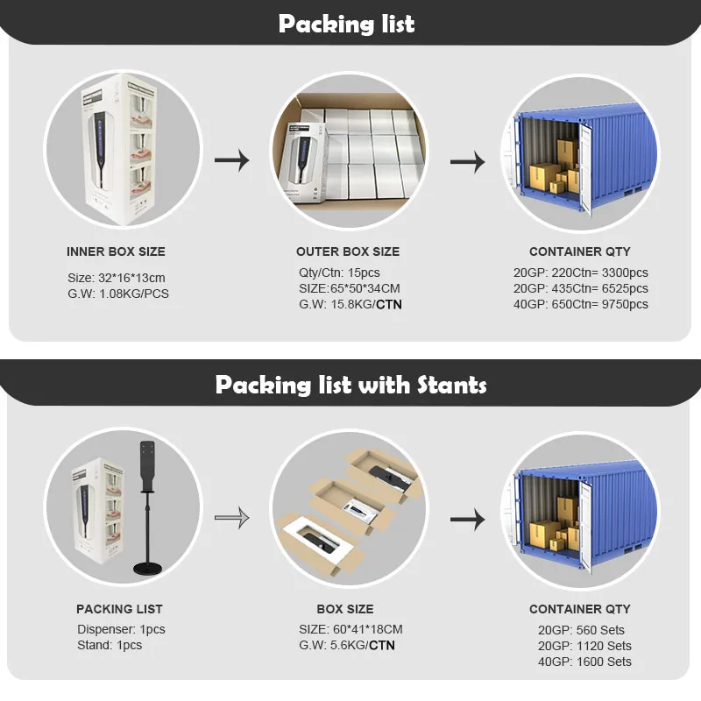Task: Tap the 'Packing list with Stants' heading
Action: [350, 385]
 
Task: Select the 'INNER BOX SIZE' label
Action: [116, 251]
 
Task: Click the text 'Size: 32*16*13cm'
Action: [117, 278]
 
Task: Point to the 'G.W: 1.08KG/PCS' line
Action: [118, 294]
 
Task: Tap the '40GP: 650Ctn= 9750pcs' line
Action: [580, 304]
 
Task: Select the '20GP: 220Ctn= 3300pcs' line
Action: [580, 273]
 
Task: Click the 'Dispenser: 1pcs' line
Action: [121, 629]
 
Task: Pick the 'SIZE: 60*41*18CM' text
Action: [352, 629]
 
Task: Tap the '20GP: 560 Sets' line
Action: [581, 630]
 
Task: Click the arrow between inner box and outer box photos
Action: [232, 160]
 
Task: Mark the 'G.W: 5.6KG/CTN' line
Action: [347, 646]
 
